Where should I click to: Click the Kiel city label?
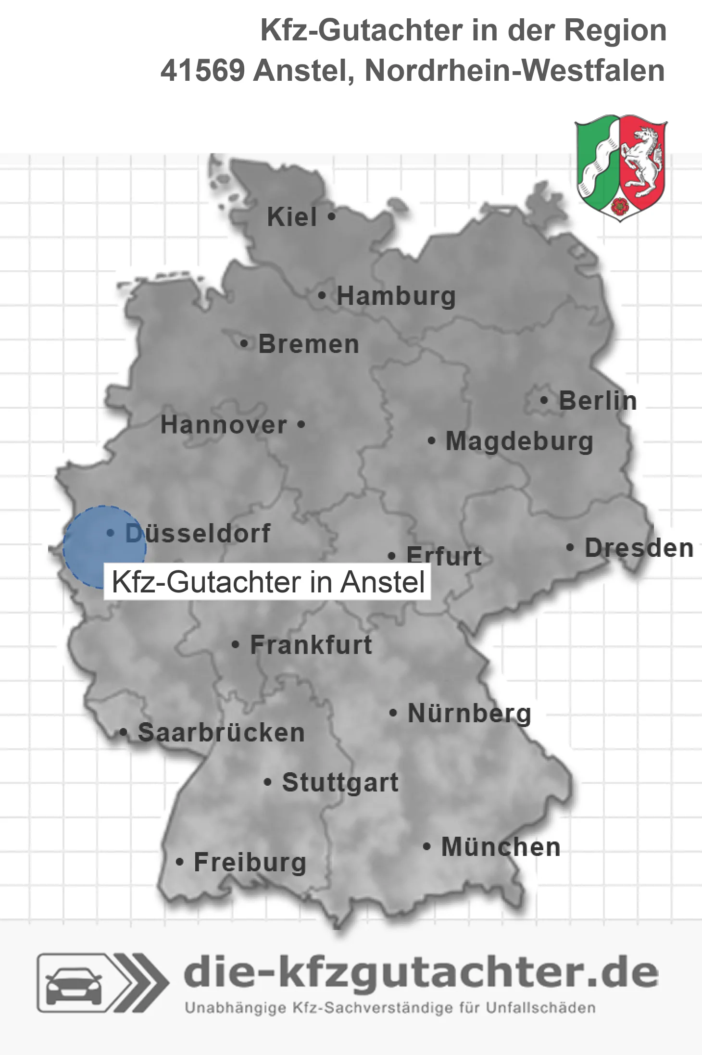click(x=292, y=217)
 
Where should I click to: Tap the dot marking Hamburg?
click(x=322, y=296)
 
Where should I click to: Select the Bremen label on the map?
click(x=309, y=344)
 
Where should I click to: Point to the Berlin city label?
click(x=598, y=401)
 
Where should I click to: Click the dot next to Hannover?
click(x=301, y=425)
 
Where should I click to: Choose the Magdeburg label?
click(x=519, y=441)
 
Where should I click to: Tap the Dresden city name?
click(x=639, y=548)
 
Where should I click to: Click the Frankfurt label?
click(x=311, y=645)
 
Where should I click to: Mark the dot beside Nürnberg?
click(x=393, y=713)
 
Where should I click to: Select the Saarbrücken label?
click(x=221, y=733)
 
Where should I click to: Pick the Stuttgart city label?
click(x=340, y=782)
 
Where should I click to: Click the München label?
click(x=501, y=847)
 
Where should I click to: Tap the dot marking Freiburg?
click(x=179, y=862)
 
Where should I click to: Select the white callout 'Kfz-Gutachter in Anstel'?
click(x=267, y=582)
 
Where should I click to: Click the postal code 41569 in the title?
click(x=202, y=71)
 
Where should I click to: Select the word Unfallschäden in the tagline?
click(x=540, y=1008)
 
